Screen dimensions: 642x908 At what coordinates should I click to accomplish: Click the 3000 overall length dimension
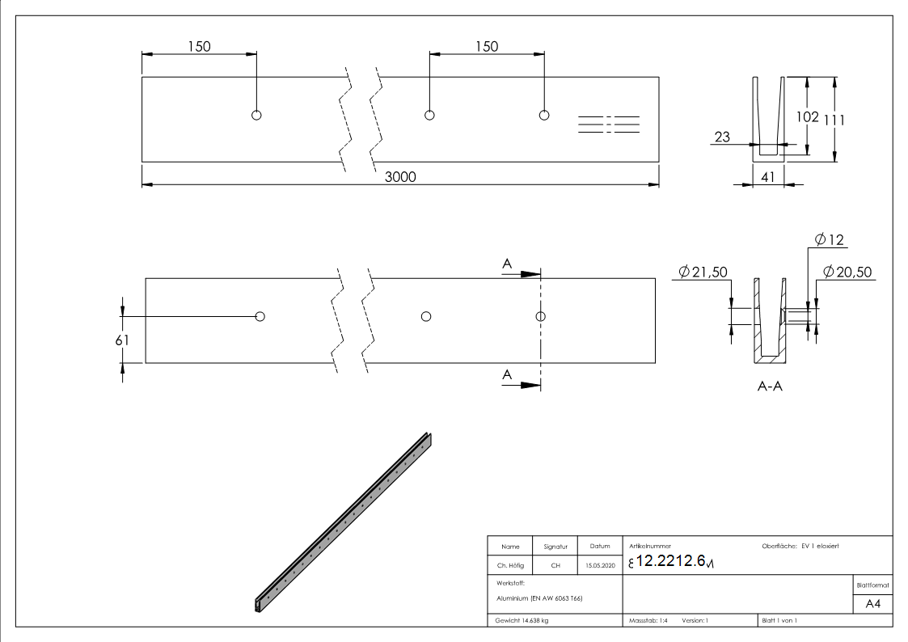pyautogui.click(x=399, y=177)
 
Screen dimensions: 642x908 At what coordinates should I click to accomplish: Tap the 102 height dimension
pyautogui.click(x=808, y=116)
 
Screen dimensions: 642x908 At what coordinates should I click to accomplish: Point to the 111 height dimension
pyautogui.click(x=834, y=120)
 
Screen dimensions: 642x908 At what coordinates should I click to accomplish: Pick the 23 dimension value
pyautogui.click(x=722, y=137)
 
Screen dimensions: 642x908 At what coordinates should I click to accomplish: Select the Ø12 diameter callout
pyautogui.click(x=830, y=239)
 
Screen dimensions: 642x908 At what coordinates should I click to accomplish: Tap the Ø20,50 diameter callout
pyautogui.click(x=847, y=272)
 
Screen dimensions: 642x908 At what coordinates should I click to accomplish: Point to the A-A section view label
pyautogui.click(x=768, y=386)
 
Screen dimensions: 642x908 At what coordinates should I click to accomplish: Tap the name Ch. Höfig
pyautogui.click(x=510, y=566)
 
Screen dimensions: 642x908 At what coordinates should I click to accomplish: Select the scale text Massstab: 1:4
pyautogui.click(x=647, y=620)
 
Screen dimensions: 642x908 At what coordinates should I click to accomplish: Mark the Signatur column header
pyautogui.click(x=555, y=547)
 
